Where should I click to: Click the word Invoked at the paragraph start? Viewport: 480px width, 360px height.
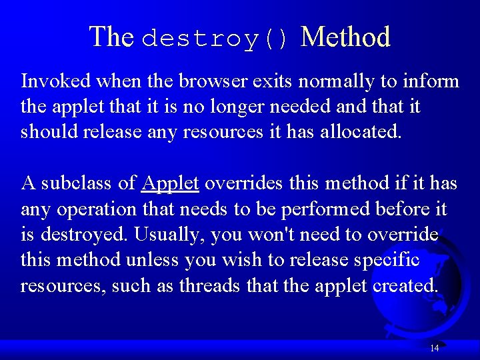click(x=56, y=81)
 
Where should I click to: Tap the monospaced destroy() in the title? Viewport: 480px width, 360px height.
click(x=217, y=39)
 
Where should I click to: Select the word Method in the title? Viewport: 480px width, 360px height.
click(x=345, y=37)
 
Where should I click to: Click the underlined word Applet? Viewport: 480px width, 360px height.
click(x=171, y=183)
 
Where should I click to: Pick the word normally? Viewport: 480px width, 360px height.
click(x=337, y=81)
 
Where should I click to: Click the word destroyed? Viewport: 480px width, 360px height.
click(x=85, y=235)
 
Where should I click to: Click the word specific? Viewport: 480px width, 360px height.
click(x=386, y=259)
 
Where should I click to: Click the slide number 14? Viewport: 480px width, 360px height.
click(x=435, y=348)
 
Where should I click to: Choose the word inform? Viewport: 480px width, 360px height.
click(x=431, y=81)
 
